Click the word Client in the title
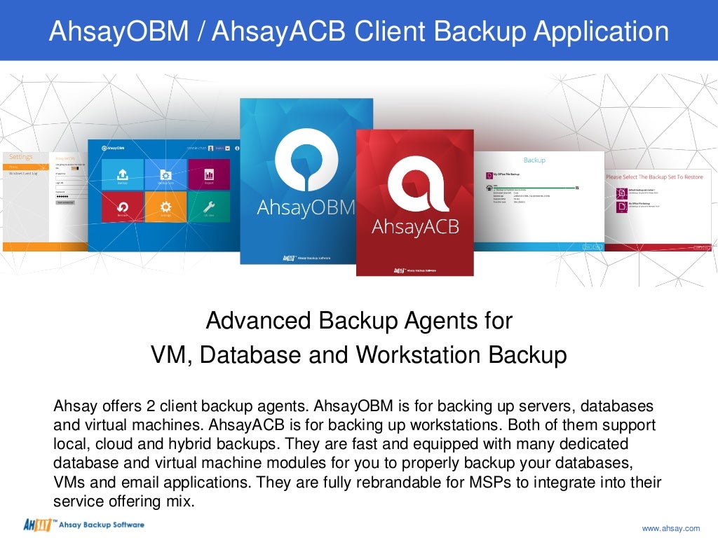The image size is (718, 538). coord(391,32)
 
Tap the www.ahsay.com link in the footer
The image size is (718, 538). coord(671,527)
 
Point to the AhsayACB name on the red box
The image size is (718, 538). coord(414,227)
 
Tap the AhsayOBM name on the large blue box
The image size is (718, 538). coord(306,208)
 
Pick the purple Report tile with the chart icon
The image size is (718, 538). coord(208,174)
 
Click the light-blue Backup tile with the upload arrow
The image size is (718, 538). coord(122,174)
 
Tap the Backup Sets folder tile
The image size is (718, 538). coord(165,174)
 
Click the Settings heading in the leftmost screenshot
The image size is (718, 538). coord(20,157)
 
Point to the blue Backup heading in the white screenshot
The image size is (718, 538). coord(534,160)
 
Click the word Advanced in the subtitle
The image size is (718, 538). coord(259,321)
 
